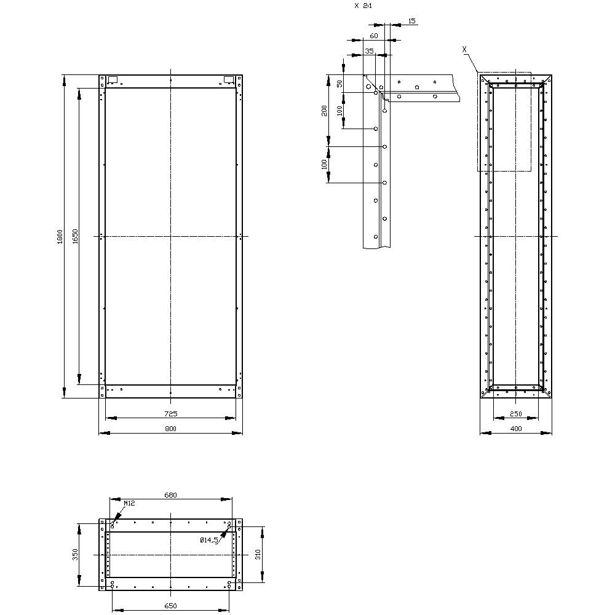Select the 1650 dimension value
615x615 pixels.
74,236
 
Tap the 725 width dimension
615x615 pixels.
170,414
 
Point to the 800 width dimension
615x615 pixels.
170,429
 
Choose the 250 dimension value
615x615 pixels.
517,414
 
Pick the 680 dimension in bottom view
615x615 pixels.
170,494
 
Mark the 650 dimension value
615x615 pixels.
170,606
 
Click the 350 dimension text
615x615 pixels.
75,555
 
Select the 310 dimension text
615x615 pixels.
259,555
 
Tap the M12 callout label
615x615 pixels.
129,503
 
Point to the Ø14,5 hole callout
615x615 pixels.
209,540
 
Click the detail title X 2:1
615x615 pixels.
363,6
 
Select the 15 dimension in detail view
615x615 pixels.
411,21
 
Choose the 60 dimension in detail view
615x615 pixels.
373,36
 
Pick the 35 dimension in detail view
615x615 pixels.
369,52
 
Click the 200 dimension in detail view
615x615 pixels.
324,111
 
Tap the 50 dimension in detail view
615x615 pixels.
339,84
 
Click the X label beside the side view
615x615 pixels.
464,48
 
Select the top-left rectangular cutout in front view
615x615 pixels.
113,79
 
